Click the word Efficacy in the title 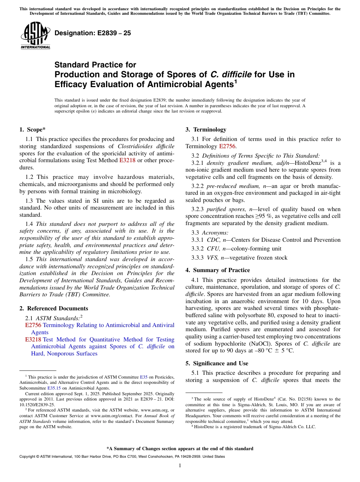coord(72,84)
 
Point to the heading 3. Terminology coord(206,130)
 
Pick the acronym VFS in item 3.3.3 coord(213,258)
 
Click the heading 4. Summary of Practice coord(218,270)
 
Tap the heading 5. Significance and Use coord(217,363)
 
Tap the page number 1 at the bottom coord(180,466)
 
